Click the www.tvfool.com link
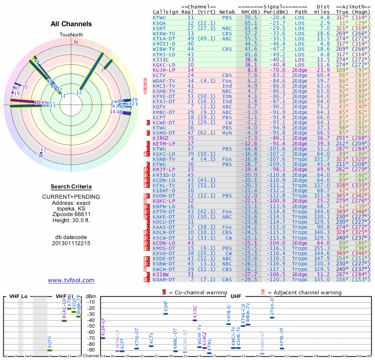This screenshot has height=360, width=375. pos(71,280)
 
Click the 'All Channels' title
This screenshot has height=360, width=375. pos(71,24)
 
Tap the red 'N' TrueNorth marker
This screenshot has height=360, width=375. pos(75,42)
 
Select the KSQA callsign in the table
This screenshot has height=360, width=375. pos(159,23)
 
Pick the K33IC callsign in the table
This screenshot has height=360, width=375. pos(161,60)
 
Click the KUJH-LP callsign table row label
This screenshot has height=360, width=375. pos(164,70)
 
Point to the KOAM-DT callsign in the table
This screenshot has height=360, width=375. pos(164,280)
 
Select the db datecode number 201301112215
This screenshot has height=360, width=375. pos(71,243)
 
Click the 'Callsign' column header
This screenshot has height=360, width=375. pos(166,12)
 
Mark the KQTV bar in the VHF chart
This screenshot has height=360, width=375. pos(50,350)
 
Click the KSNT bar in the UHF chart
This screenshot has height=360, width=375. pos(165,314)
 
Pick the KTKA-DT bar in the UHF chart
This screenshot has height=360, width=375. pos(272,317)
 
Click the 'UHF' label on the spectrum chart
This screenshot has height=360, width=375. pos(235,297)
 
